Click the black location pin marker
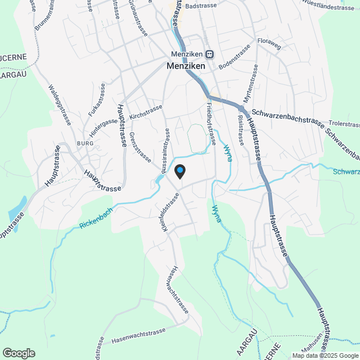pos(180,171)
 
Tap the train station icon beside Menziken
pos(209,55)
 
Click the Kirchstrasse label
pos(146,111)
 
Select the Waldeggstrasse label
pos(57,101)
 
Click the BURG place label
pos(85,143)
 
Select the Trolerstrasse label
pos(344,122)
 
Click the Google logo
pos(18,353)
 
